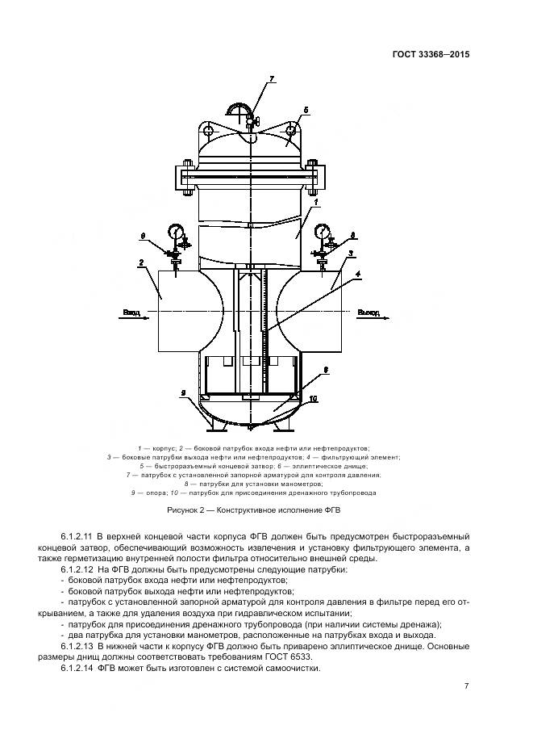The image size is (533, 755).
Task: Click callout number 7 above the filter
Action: pyautogui.click(x=272, y=79)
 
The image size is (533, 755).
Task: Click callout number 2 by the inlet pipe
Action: pyautogui.click(x=141, y=262)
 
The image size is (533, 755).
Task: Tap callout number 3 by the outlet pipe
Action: pyautogui.click(x=351, y=254)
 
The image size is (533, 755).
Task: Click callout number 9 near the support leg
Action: pyautogui.click(x=184, y=392)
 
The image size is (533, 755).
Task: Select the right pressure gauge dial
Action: pyautogui.click(x=324, y=233)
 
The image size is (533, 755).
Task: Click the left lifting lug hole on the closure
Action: pyautogui.click(x=209, y=130)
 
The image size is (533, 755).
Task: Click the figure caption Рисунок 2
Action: pyautogui.click(x=250, y=510)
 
